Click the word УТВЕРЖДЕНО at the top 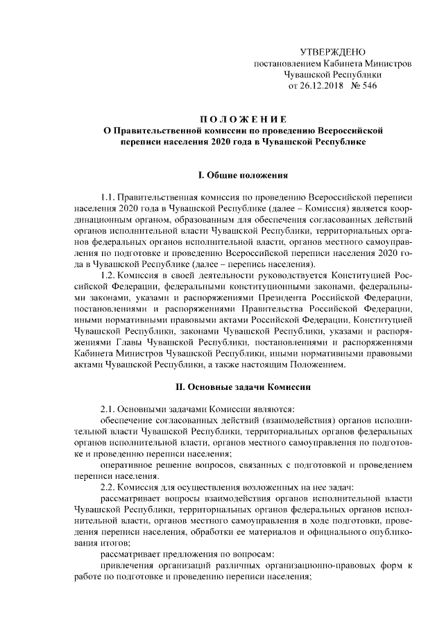pyautogui.click(x=332, y=53)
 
